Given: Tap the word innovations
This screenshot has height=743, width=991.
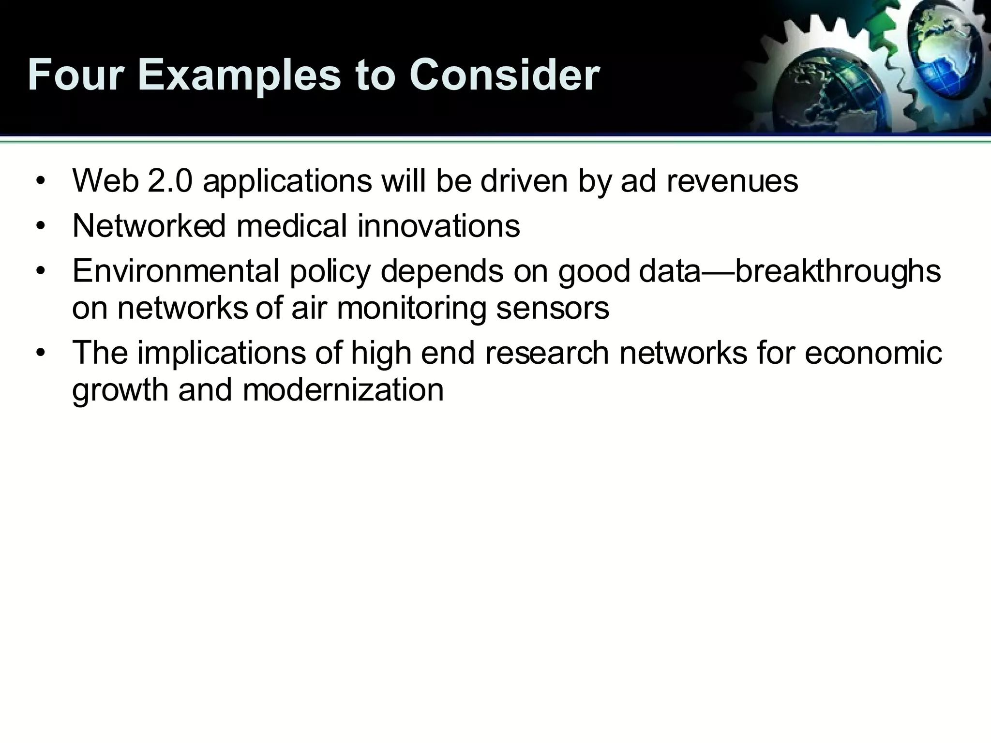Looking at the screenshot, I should pyautogui.click(x=438, y=226).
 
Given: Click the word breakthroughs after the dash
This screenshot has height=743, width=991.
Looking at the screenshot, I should pyautogui.click(x=838, y=272).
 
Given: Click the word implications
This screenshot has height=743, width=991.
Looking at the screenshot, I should pyautogui.click(x=221, y=353).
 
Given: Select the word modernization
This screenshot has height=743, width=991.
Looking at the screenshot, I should pyautogui.click(x=343, y=389).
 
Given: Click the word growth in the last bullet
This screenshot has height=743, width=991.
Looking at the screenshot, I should pyautogui.click(x=120, y=390).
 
